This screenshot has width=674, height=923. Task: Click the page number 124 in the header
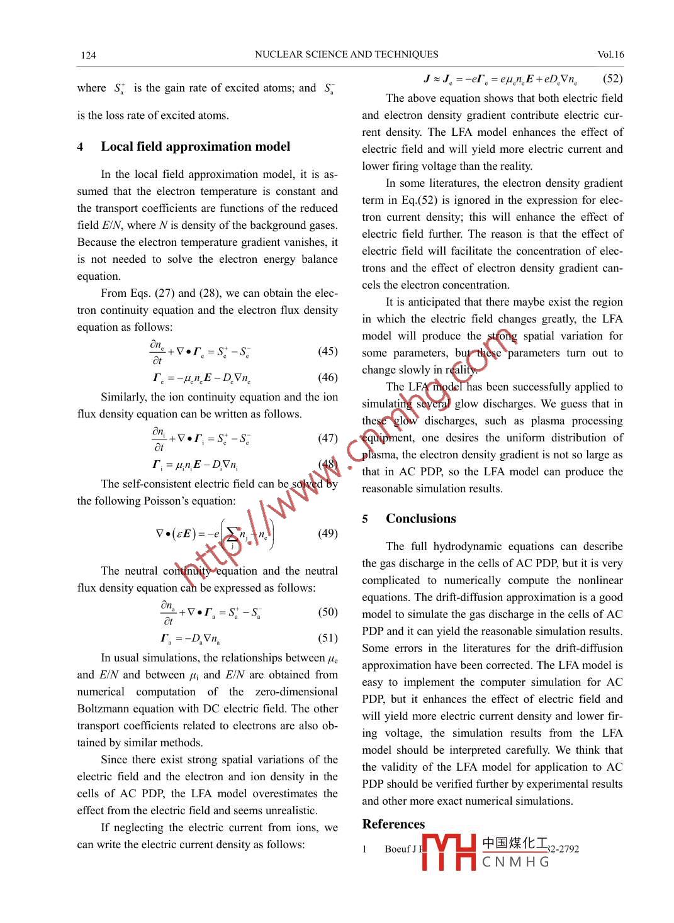click(88, 55)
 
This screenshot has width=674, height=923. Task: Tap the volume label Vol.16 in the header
click(610, 55)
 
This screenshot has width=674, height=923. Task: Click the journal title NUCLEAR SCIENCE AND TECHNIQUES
click(346, 55)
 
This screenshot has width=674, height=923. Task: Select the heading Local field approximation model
click(195, 146)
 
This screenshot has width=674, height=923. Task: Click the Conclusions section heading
click(420, 519)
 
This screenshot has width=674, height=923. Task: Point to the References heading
click(393, 824)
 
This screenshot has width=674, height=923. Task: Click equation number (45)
click(327, 351)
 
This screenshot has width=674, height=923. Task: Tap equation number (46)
click(327, 378)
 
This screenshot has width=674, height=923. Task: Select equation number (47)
click(327, 438)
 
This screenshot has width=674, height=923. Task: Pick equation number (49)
click(327, 534)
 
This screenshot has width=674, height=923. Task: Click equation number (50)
click(327, 612)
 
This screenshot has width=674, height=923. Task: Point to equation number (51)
click(327, 638)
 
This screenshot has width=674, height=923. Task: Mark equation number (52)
click(612, 79)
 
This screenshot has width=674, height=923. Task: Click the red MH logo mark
click(449, 853)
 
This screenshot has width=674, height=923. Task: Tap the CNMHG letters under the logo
click(515, 862)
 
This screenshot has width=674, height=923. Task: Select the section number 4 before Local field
click(80, 147)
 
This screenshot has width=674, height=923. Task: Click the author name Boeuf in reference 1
click(398, 849)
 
